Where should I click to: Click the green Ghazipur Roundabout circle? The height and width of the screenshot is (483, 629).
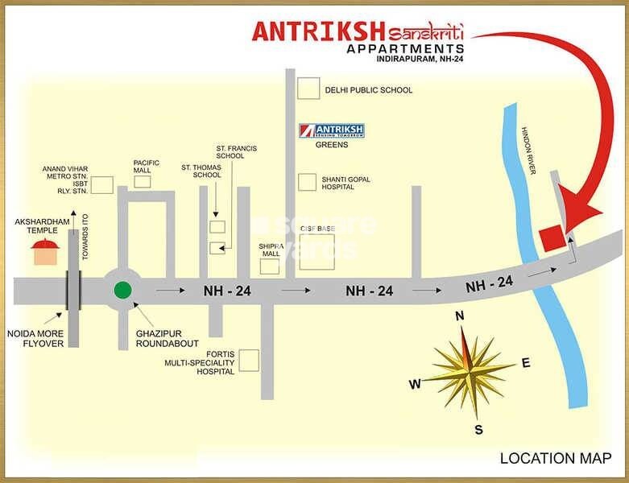[x=122, y=290]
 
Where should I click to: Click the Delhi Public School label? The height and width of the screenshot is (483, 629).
[x=368, y=90]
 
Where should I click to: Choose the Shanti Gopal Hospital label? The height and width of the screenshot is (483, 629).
[x=347, y=183]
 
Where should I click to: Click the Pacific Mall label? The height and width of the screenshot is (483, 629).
[x=143, y=166]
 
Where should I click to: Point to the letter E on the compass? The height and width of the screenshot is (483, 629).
[x=526, y=363]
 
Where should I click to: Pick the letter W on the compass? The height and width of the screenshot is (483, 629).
[x=415, y=384]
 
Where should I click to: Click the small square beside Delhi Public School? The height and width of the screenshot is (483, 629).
[x=307, y=88]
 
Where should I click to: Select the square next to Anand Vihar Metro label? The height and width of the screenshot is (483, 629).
[x=101, y=184]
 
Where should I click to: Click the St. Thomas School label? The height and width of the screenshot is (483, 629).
[x=201, y=171]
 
